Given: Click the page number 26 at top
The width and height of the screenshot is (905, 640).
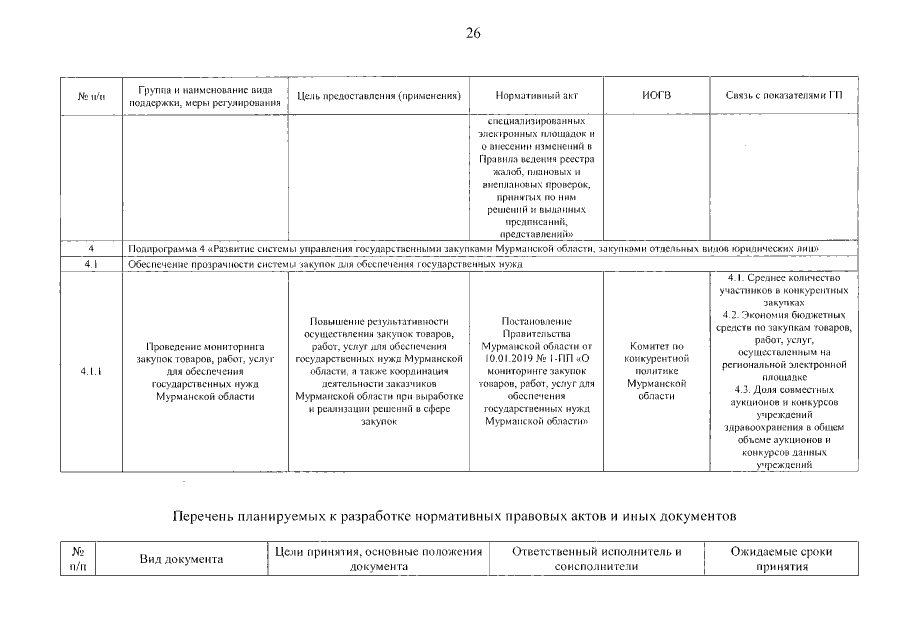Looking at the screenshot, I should pyautogui.click(x=474, y=33).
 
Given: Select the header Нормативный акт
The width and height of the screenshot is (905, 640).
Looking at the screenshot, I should pyautogui.click(x=536, y=96).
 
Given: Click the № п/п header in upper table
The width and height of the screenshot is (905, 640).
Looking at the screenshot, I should pyautogui.click(x=91, y=96).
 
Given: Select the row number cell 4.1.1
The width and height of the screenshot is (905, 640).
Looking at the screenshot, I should pyautogui.click(x=91, y=372).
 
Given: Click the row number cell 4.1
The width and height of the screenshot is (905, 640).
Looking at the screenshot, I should pyautogui.click(x=91, y=264).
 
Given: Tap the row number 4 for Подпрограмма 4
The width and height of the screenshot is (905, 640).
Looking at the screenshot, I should pyautogui.click(x=91, y=247).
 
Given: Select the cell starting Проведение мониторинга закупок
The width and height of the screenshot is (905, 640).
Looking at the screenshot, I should pyautogui.click(x=204, y=371).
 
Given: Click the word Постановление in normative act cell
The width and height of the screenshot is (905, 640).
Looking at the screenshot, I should pyautogui.click(x=536, y=321).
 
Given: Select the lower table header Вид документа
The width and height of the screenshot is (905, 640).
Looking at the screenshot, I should pyautogui.click(x=180, y=559).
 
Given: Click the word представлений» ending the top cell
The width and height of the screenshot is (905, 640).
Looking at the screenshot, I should pyautogui.click(x=536, y=232).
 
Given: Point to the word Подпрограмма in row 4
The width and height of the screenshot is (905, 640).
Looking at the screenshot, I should pyautogui.click(x=158, y=247).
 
